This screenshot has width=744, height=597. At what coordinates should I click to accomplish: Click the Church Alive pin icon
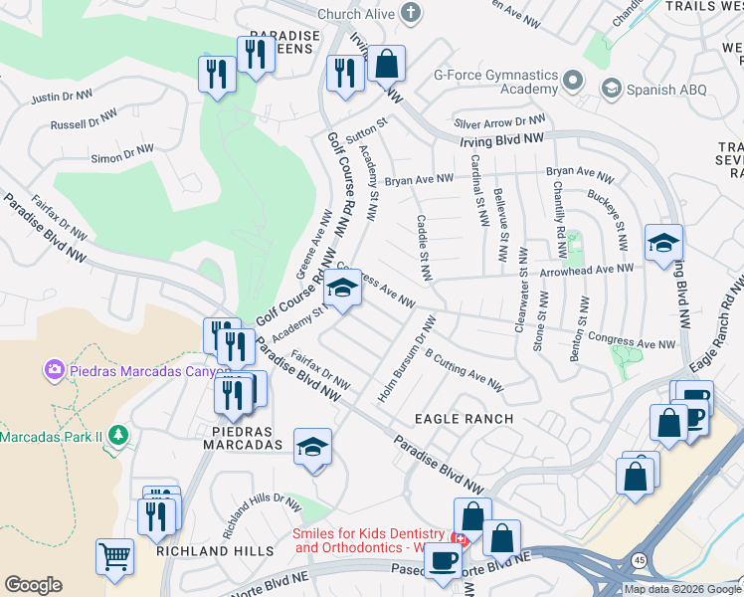point(410,13)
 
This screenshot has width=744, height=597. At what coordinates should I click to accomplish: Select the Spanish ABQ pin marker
point(610,91)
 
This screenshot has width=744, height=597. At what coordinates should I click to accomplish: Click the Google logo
point(33,585)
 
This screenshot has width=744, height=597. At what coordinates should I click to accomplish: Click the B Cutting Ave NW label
point(464,369)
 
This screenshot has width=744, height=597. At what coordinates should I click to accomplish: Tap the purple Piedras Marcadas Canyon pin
point(54,371)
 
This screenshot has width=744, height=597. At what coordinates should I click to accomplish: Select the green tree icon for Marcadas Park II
point(117,436)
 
